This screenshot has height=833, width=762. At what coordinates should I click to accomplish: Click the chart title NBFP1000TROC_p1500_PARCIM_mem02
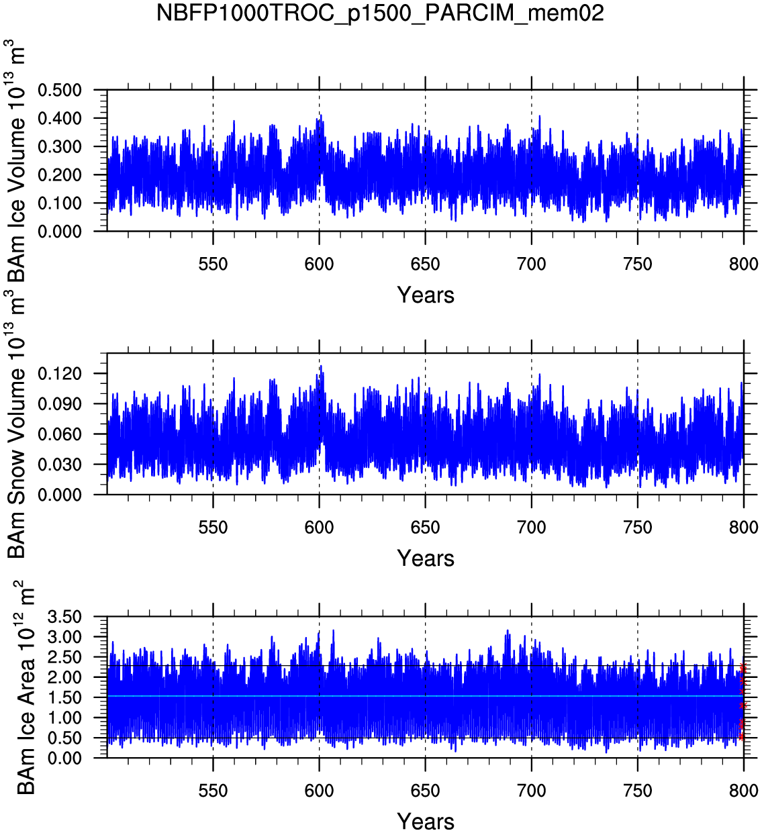pos(380,13)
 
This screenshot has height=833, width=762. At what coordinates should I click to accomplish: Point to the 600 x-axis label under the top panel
pos(319,264)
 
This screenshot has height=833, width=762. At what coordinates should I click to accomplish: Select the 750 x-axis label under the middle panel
pos(637,528)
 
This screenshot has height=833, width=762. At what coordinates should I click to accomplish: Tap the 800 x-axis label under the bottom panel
pos(743,791)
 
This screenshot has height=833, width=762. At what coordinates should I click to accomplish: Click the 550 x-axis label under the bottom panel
pos(213,791)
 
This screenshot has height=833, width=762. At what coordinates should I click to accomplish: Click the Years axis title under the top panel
pos(426,295)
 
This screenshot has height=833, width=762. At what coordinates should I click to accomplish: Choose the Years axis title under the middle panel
pos(426,558)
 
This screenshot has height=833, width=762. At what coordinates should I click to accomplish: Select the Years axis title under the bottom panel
pos(426,822)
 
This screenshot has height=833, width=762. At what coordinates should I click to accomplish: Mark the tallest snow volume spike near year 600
pos(321,366)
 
